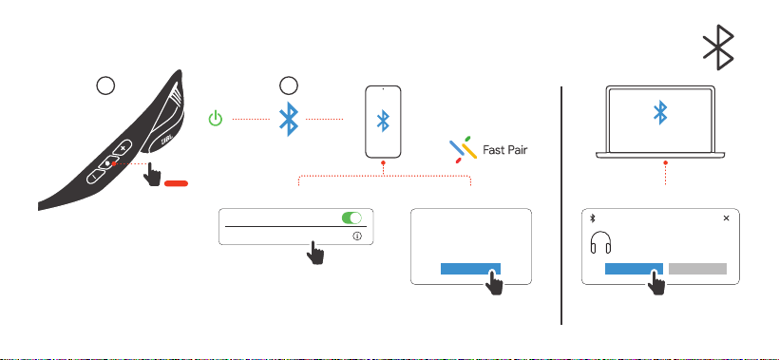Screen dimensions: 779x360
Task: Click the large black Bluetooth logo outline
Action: pos(718,47)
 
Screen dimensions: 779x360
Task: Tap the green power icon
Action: pos(215,119)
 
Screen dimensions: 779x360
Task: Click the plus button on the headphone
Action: pos(123,148)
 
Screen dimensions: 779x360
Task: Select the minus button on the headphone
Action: pos(95,177)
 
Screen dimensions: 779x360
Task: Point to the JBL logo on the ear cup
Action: pos(167,140)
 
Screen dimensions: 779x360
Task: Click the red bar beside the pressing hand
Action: pos(177,183)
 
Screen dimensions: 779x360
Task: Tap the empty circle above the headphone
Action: pos(105,85)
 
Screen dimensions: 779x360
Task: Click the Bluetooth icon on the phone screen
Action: pos(383,121)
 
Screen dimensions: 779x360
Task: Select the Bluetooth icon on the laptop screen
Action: pos(660,112)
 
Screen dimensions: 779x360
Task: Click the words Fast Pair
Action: pos(504,149)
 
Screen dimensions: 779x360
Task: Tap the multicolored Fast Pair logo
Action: pos(463,149)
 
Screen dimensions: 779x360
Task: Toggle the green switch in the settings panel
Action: pos(351,218)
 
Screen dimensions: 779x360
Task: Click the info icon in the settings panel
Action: pos(357,237)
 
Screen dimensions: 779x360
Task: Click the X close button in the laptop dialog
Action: pos(727,218)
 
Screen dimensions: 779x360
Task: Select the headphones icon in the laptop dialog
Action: pos(600,243)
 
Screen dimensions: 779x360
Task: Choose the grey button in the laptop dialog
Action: pos(697,269)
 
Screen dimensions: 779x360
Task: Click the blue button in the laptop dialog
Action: pos(634,269)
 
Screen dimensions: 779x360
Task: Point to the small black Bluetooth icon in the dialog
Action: pos(592,218)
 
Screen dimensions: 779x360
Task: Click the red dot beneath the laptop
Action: pos(665,162)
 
